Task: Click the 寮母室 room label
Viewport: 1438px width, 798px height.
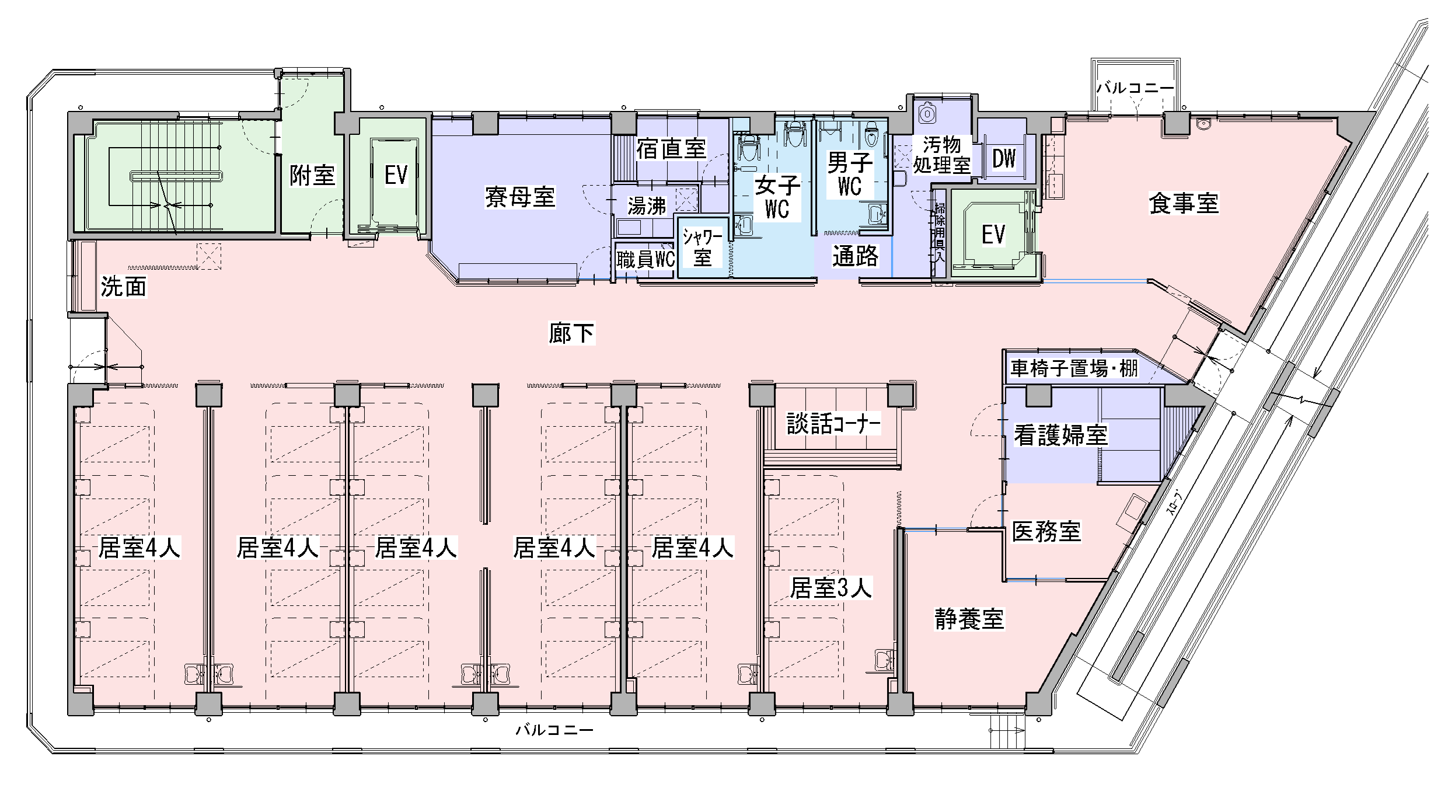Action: pos(519,197)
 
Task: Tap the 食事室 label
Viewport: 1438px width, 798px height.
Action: pos(1184,203)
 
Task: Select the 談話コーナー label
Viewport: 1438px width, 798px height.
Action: pos(833,424)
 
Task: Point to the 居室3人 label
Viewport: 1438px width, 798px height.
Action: pos(830,588)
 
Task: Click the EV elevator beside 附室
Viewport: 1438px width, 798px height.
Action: pos(396,175)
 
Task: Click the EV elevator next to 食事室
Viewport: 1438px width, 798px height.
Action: pos(993,235)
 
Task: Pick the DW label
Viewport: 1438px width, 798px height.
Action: pos(1004,158)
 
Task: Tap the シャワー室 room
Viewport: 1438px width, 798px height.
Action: pos(703,248)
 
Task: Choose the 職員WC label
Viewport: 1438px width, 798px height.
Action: pos(645,259)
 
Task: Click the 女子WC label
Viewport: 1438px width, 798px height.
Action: pos(777,197)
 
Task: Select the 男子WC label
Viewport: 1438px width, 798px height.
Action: pos(850,175)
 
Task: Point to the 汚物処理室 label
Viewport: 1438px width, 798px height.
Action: pos(941,155)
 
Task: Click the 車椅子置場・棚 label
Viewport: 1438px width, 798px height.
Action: pos(1074,368)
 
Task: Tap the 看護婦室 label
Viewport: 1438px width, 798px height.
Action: pos(1060,435)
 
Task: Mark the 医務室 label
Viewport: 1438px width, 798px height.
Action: pos(1046,531)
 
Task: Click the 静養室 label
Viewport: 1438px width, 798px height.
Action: pos(969,619)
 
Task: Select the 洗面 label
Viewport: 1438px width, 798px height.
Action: pos(123,287)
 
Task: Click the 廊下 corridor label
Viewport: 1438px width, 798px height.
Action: pos(571,333)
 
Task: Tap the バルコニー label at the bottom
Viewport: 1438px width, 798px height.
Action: pos(554,730)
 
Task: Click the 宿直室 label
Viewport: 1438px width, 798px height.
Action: pos(671,149)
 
